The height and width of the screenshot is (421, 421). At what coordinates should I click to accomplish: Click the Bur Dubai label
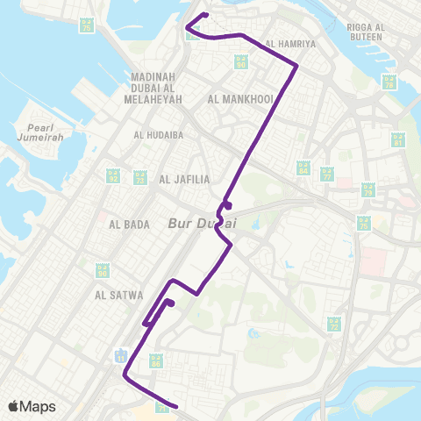tap(202, 224)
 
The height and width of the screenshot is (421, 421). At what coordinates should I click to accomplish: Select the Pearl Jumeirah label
tap(36, 133)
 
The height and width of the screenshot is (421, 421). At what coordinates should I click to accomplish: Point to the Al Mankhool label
tap(241, 98)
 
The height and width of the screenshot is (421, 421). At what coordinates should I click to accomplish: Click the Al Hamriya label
tap(289, 42)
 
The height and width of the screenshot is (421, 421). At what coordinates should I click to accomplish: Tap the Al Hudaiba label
tap(159, 135)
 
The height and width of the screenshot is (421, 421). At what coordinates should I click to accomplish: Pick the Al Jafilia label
tap(185, 180)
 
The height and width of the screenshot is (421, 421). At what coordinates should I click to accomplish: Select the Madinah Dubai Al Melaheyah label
tap(159, 88)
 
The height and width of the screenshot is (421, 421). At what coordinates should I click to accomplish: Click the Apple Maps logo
tap(32, 406)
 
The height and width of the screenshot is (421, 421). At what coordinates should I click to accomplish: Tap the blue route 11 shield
tap(121, 355)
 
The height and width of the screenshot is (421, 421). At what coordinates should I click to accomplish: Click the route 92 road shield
tap(112, 176)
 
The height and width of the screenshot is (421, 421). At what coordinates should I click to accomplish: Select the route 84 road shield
tap(303, 167)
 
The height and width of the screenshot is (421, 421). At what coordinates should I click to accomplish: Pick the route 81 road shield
tap(397, 140)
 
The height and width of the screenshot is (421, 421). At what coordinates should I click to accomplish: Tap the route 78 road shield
tap(389, 82)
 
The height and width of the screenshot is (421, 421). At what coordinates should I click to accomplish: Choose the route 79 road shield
tap(368, 189)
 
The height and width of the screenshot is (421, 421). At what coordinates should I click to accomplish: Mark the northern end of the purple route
tap(204, 14)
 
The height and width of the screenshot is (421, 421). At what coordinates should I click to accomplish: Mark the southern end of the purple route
tap(177, 407)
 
